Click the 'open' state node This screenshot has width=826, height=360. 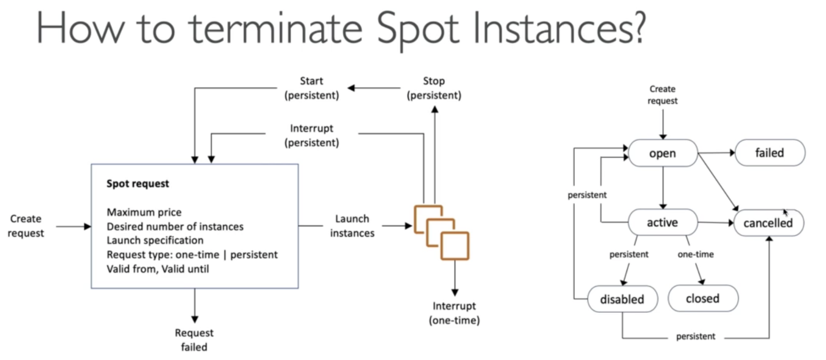pyautogui.click(x=663, y=153)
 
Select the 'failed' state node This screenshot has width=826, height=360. pyautogui.click(x=770, y=152)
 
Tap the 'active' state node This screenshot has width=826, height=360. pyautogui.click(x=663, y=222)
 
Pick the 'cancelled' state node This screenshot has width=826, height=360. pyautogui.click(x=768, y=223)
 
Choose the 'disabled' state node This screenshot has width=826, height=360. pyautogui.click(x=622, y=299)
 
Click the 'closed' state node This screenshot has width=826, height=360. pyautogui.click(x=703, y=298)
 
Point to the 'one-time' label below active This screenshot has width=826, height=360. pyautogui.click(x=695, y=254)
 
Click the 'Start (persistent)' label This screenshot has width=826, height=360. pyautogui.click(x=312, y=88)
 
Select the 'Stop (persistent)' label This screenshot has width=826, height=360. pyautogui.click(x=434, y=88)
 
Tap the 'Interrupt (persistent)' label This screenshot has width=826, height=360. pyautogui.click(x=312, y=135)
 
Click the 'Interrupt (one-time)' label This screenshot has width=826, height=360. pyautogui.click(x=454, y=313)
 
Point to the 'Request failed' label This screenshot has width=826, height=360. pyautogui.click(x=194, y=340)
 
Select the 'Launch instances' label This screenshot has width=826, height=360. pyautogui.click(x=352, y=226)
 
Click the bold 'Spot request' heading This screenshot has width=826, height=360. pyautogui.click(x=138, y=184)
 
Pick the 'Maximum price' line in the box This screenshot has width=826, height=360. pyautogui.click(x=144, y=212)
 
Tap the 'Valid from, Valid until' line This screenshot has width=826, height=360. pyautogui.click(x=158, y=269)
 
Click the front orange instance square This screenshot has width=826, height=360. pyautogui.click(x=455, y=246)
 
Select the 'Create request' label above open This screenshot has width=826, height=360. pyautogui.click(x=663, y=95)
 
